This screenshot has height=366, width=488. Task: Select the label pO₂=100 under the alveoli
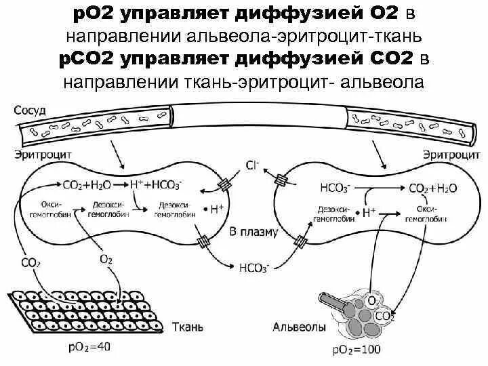click(x=357, y=350)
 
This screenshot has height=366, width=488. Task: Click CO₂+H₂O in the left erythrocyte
click(x=87, y=183)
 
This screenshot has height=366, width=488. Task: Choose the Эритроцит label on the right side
click(x=445, y=155)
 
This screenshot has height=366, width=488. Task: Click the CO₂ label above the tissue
click(x=30, y=262)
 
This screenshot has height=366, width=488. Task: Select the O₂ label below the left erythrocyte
click(x=106, y=258)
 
